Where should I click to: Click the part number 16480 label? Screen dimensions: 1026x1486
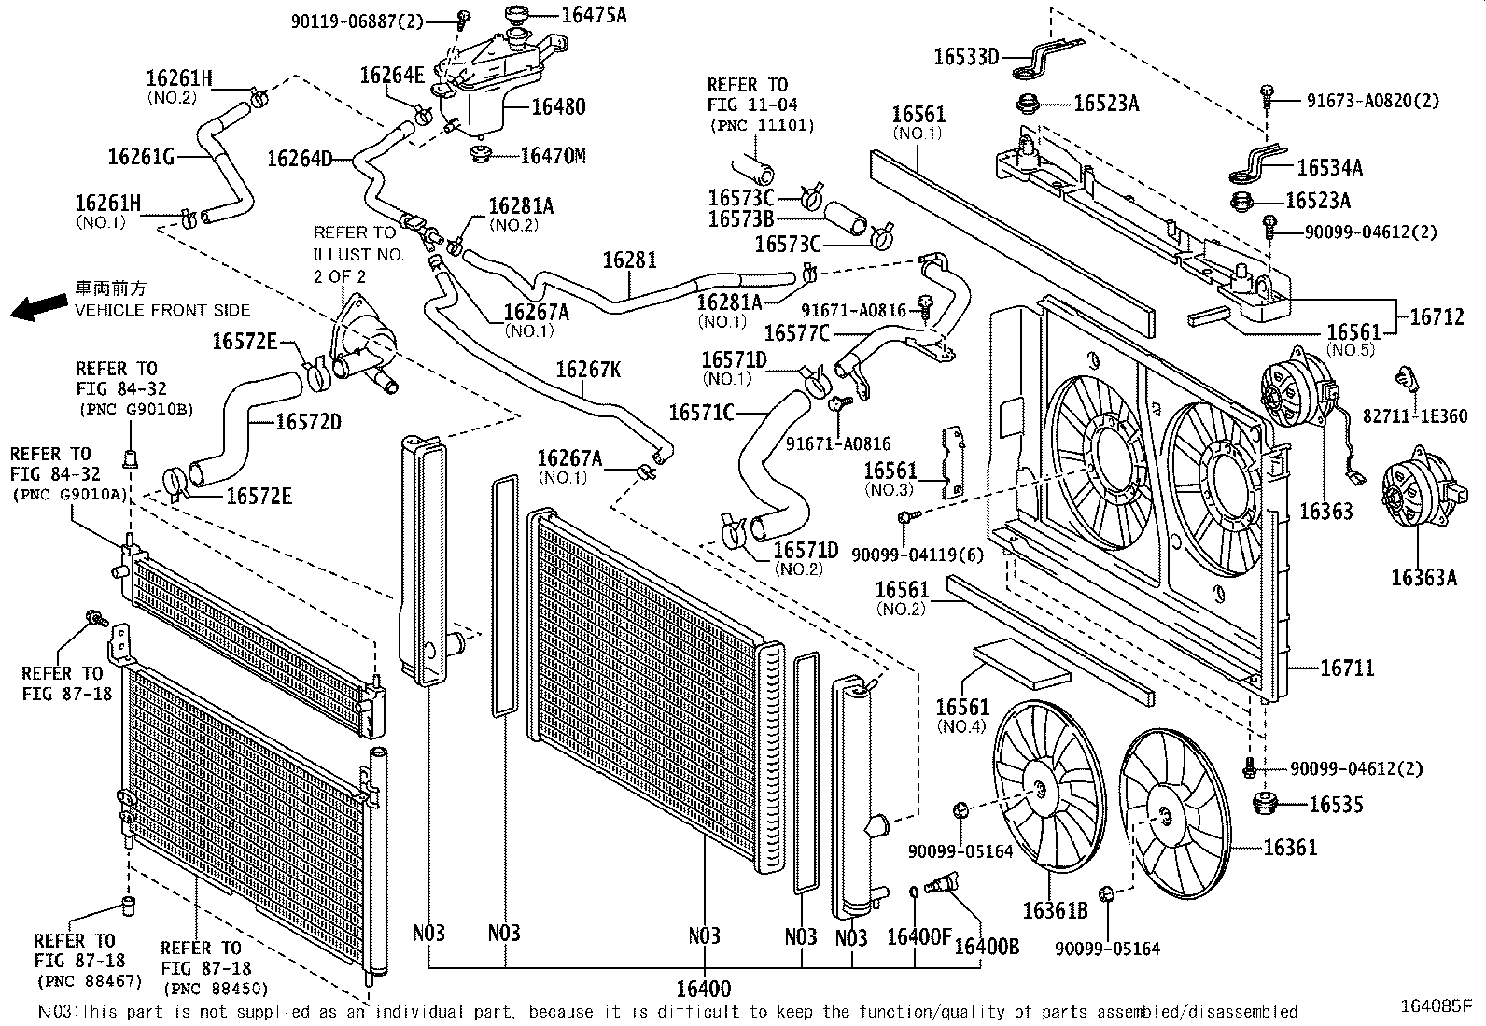tap(558, 107)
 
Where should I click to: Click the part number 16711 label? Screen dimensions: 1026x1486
tap(1347, 668)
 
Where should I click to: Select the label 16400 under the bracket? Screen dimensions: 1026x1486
tap(704, 989)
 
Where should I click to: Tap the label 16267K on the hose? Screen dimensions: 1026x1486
tap(588, 370)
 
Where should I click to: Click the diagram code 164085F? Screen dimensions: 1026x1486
tap(1435, 1006)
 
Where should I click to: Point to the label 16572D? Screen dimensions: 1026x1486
tap(309, 422)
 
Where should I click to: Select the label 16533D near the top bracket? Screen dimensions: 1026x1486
tap(966, 57)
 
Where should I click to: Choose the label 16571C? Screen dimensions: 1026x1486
tap(701, 412)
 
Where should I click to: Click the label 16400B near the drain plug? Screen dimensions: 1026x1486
tap(987, 946)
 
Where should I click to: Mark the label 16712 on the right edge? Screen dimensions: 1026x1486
tap(1437, 316)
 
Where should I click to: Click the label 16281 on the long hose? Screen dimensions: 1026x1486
tap(629, 260)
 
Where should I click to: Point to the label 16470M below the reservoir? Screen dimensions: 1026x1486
tap(553, 156)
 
